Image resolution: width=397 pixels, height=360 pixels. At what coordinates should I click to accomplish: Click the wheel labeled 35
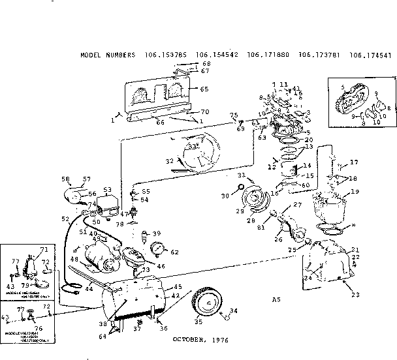(207, 305)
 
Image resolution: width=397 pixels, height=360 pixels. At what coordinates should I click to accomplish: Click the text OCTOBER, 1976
(201, 339)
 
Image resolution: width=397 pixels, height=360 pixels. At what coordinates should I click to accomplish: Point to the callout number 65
(204, 89)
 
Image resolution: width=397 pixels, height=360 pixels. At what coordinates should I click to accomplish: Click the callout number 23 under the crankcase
(355, 295)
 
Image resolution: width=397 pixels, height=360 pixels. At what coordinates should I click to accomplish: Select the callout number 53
(108, 190)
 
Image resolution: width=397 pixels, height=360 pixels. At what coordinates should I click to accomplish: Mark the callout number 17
(355, 162)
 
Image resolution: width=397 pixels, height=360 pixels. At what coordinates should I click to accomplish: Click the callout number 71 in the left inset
(45, 250)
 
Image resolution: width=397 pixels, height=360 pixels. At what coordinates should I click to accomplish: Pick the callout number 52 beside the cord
(65, 218)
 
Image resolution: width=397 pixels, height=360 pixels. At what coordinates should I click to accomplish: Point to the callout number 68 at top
(206, 63)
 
